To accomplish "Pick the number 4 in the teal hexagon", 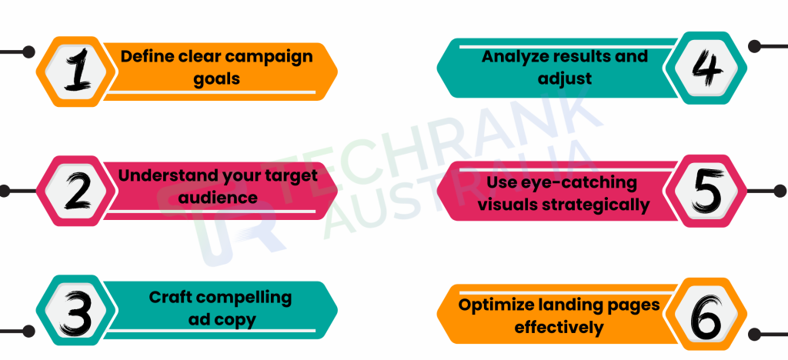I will click(x=707, y=69).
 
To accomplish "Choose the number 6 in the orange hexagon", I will click(x=707, y=317).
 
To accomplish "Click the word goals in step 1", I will click(x=218, y=78).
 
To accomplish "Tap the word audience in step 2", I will click(x=218, y=197).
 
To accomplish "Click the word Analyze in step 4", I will click(x=516, y=56).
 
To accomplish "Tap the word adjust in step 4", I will click(x=566, y=78).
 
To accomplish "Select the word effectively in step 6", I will click(x=559, y=327).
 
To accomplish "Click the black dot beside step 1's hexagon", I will click(x=28, y=53).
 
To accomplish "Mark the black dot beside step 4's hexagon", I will click(x=757, y=46).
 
